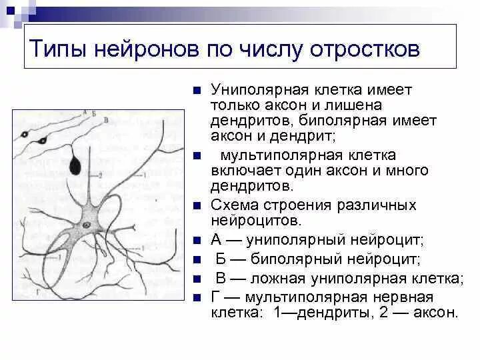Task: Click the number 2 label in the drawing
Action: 99,175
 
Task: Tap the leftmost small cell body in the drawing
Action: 26,135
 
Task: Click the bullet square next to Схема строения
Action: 197,205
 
